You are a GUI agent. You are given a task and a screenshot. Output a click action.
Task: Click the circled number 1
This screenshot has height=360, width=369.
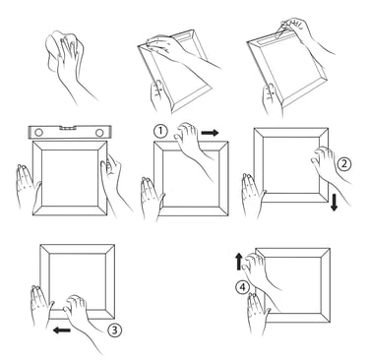[x=160, y=131]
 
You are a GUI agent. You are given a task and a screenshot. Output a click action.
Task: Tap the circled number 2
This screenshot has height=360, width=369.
[x=343, y=163]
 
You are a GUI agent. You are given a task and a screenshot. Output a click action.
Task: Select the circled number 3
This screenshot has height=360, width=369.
[x=114, y=330]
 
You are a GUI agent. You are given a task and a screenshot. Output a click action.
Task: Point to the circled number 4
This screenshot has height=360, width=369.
[x=242, y=288]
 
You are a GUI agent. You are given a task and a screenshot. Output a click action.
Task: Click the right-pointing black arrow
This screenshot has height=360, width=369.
[x=210, y=133]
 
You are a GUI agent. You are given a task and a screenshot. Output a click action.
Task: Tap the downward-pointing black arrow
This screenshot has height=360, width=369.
[x=334, y=203]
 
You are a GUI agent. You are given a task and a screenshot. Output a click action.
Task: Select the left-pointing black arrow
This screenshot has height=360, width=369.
[x=62, y=330]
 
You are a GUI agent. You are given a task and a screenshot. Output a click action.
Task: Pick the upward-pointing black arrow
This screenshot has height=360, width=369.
[x=239, y=261]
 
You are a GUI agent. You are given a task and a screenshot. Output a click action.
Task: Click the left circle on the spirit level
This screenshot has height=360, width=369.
[x=38, y=133]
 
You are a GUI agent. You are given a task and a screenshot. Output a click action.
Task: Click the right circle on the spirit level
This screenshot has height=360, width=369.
[x=99, y=133]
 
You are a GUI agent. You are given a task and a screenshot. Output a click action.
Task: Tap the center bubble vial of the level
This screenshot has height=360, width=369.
[x=69, y=127]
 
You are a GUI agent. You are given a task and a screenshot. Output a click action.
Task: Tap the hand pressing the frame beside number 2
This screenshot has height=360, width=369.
[x=328, y=167]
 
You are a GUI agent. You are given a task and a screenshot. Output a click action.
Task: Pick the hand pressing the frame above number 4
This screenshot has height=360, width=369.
[x=259, y=269]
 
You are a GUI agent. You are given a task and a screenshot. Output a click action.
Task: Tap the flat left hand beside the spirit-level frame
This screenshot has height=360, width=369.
[x=27, y=185]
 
